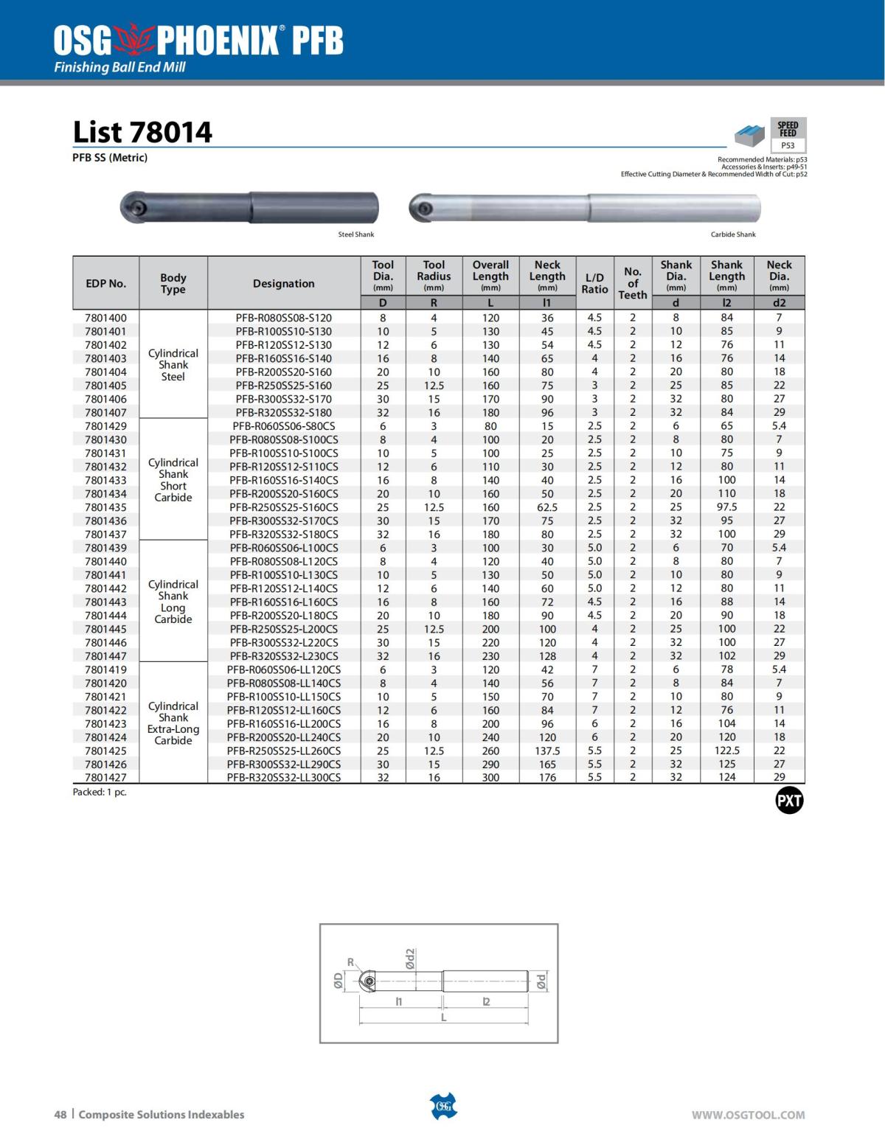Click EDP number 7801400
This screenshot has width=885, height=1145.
tap(105, 318)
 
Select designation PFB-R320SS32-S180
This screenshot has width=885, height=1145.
tap(283, 412)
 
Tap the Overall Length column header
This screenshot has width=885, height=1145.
tap(490, 276)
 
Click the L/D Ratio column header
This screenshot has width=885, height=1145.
tap(594, 283)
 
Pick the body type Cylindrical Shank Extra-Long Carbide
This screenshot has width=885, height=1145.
tap(173, 723)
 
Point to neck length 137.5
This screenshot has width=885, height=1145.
tap(547, 751)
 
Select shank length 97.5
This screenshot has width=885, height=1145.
tap(726, 507)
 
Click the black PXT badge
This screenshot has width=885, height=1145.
tap(789, 801)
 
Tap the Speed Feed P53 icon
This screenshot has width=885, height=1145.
tap(788, 135)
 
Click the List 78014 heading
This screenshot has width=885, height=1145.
tap(142, 133)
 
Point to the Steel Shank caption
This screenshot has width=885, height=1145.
tap(356, 234)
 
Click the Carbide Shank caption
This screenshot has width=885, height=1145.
tap(733, 234)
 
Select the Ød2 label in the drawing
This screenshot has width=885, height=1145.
tap(411, 959)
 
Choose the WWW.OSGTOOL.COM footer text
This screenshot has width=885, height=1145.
tap(748, 1115)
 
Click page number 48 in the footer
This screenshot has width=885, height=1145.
tap(60, 1115)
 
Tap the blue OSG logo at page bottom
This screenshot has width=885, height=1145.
tap(443, 1106)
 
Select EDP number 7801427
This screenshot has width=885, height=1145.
tap(105, 777)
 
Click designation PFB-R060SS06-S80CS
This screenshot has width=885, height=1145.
tap(283, 426)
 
